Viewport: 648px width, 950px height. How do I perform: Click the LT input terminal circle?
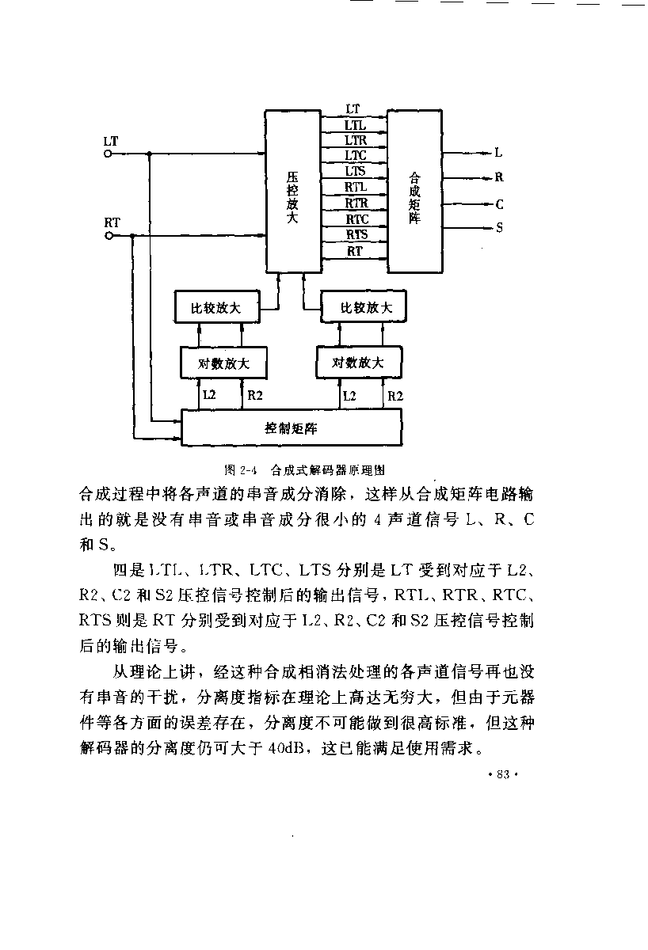(x=108, y=154)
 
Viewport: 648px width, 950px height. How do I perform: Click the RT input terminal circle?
(x=109, y=235)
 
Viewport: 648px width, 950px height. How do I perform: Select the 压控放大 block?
(x=293, y=191)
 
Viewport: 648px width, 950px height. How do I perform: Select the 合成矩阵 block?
(x=414, y=191)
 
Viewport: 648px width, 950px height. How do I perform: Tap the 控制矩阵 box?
(x=292, y=427)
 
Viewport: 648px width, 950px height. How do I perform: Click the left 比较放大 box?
(x=217, y=306)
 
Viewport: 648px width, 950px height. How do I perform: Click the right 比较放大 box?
(x=364, y=306)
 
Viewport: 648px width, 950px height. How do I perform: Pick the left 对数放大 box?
(x=223, y=363)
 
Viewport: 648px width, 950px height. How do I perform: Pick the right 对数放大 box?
(x=359, y=362)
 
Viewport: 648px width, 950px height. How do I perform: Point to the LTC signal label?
(x=355, y=155)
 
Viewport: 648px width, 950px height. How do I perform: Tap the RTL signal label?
(x=356, y=187)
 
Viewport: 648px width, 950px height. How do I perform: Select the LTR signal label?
(x=356, y=140)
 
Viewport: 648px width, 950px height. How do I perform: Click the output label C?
(x=500, y=205)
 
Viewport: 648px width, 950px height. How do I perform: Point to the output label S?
(x=500, y=228)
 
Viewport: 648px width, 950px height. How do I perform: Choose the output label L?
(x=498, y=152)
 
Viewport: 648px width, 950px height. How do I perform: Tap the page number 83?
(x=503, y=775)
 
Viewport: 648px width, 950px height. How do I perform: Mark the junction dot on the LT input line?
(x=150, y=154)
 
